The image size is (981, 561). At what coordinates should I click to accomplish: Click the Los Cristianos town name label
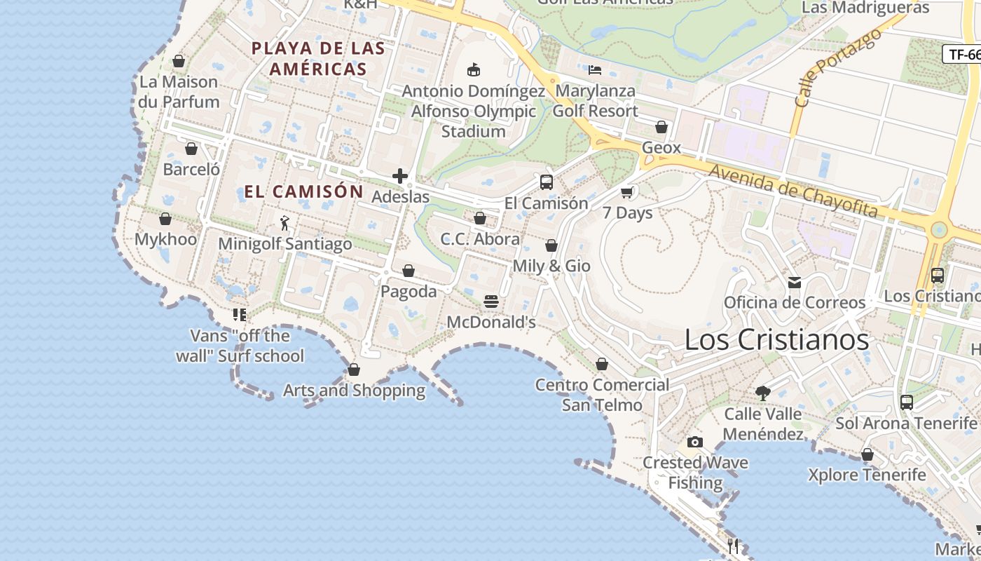click(776, 340)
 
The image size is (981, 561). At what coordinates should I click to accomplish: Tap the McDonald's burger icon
click(491, 302)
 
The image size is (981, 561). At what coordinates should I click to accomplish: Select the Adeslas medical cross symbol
click(400, 176)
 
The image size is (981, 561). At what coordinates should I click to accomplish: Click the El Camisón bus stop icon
click(547, 182)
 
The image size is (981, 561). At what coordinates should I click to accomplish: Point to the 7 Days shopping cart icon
click(627, 192)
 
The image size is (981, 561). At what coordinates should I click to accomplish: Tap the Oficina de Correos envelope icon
click(795, 283)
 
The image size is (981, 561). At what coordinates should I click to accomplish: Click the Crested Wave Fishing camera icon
click(695, 442)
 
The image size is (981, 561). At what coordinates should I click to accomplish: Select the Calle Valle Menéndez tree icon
click(763, 393)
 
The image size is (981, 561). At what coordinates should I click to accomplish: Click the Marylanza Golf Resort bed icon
click(595, 70)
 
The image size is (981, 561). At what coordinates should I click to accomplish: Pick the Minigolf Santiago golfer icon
click(284, 223)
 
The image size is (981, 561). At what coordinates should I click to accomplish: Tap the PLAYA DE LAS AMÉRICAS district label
click(318, 59)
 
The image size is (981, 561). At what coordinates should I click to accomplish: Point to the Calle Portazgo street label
click(838, 67)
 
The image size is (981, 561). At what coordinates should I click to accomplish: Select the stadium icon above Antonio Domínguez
click(474, 70)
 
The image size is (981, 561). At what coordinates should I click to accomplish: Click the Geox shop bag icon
click(661, 127)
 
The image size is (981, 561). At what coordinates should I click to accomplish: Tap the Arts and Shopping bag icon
click(354, 370)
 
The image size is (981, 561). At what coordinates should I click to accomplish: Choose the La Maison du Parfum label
click(179, 92)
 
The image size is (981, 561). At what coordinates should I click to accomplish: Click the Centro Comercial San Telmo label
click(602, 395)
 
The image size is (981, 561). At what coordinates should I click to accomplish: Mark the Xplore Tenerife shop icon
click(867, 454)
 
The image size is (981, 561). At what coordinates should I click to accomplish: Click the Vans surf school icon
click(240, 315)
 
